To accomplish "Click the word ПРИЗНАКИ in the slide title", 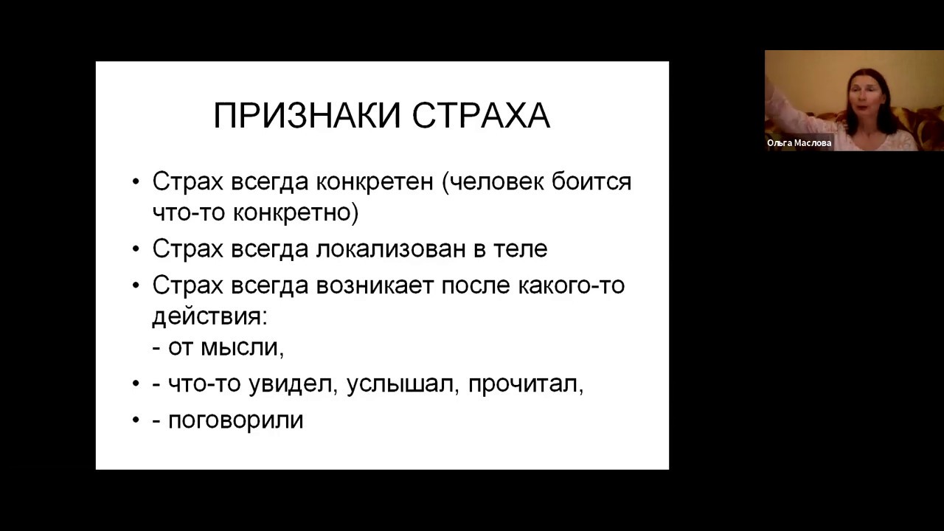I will tap(308, 116).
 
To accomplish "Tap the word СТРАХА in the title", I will tap(480, 116).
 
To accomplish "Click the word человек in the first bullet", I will tap(498, 181).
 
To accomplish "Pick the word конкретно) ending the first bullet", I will tap(296, 213).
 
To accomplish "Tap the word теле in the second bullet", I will tap(521, 249).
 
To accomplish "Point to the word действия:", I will tap(209, 316).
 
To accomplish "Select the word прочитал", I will tap(525, 384).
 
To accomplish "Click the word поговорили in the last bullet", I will tap(236, 420).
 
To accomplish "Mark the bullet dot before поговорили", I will tap(136, 420).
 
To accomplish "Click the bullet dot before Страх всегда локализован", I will tap(136, 249).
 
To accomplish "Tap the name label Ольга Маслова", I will tap(799, 143).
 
